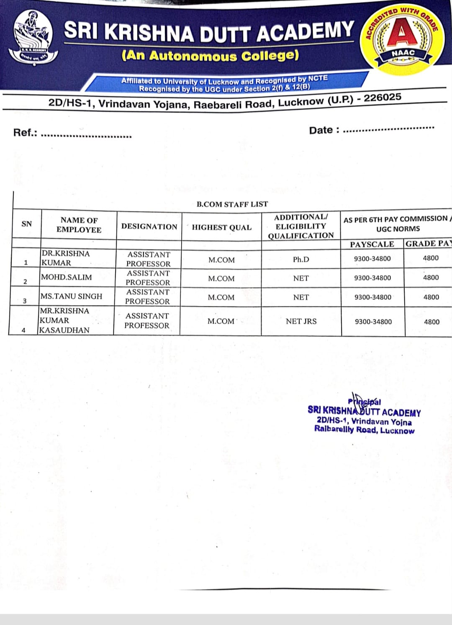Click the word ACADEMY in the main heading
(x=306, y=32)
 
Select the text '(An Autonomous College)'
(x=210, y=56)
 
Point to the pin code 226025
(x=382, y=98)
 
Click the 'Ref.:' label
(x=25, y=133)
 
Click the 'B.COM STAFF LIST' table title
(x=232, y=204)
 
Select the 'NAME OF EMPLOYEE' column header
(x=79, y=225)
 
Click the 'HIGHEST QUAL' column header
(x=222, y=227)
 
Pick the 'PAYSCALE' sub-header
(x=372, y=244)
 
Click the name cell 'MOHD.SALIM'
(x=67, y=277)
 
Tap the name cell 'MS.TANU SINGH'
(x=71, y=296)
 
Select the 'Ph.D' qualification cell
(x=301, y=260)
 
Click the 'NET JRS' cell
(x=301, y=322)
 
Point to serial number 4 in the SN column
(x=23, y=330)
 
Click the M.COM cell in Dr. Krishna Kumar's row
(x=221, y=260)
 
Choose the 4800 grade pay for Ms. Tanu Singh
(x=431, y=297)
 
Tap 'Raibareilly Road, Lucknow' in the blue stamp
(x=364, y=430)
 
